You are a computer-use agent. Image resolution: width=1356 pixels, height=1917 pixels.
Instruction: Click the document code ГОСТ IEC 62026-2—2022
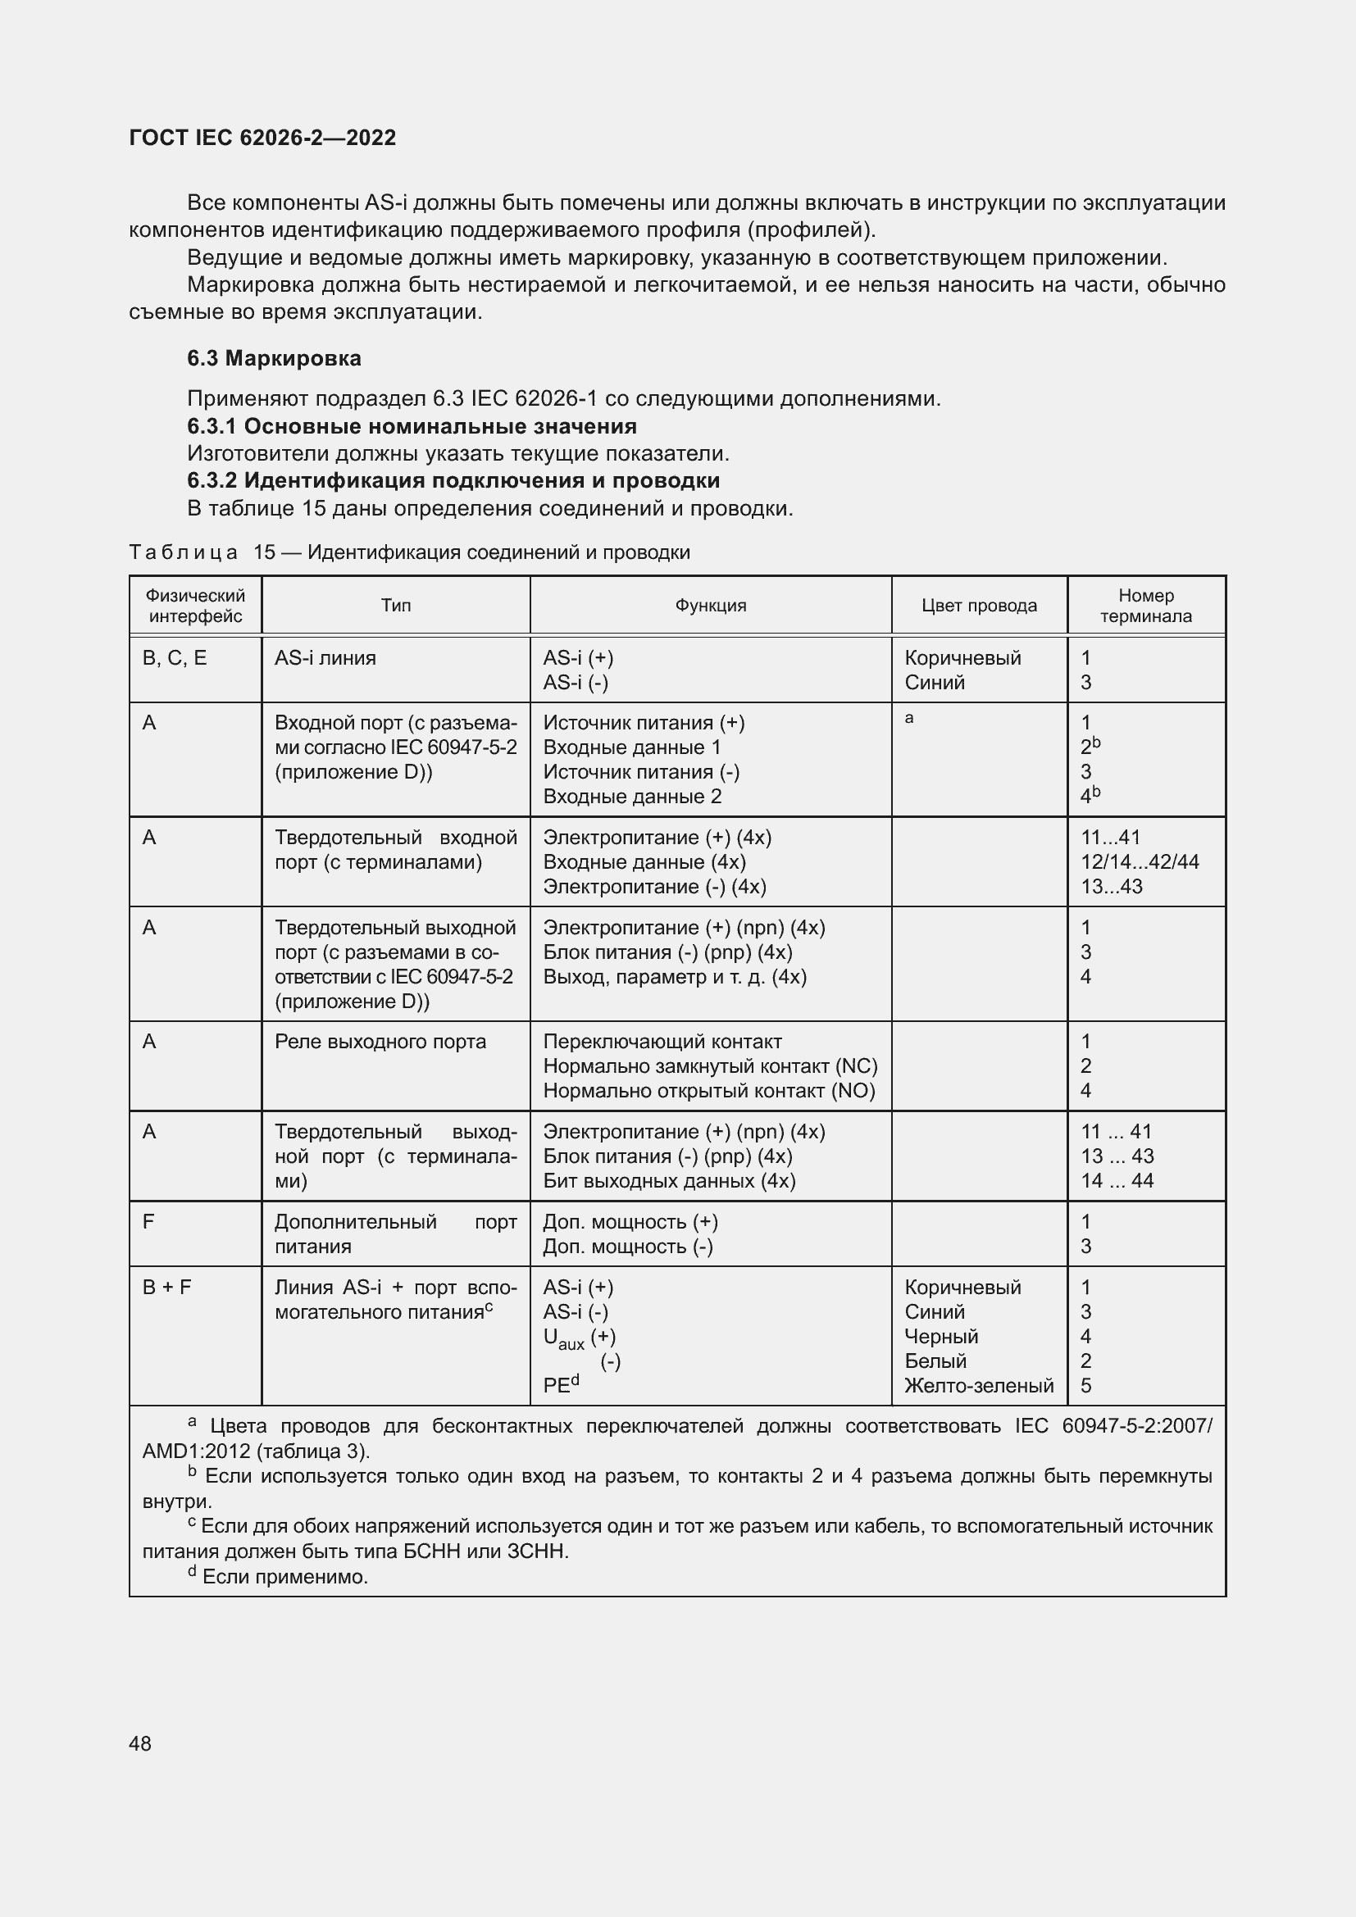[x=262, y=138]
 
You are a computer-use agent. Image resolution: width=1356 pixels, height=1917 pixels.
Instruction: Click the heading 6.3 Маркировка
[x=274, y=358]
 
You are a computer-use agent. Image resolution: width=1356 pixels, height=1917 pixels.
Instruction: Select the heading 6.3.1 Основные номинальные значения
[x=412, y=426]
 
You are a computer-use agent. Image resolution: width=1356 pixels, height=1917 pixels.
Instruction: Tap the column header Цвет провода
[x=979, y=606]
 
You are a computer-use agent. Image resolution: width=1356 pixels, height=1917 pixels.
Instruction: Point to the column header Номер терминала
[x=1145, y=606]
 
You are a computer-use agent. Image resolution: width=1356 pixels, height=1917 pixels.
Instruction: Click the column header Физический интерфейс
[x=195, y=606]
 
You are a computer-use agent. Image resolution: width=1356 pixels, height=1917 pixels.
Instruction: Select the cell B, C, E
[x=175, y=658]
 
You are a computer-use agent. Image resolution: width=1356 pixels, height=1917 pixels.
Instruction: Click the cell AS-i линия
[x=325, y=658]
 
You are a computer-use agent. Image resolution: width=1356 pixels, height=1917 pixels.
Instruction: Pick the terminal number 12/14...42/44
[x=1139, y=861]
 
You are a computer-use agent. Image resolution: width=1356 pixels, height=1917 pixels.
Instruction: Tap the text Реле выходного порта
[x=380, y=1041]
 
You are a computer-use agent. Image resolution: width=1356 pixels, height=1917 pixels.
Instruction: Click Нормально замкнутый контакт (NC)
[x=710, y=1066]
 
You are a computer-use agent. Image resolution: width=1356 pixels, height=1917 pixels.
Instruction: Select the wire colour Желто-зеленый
[x=979, y=1386]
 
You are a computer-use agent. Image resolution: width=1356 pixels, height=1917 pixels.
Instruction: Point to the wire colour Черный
[x=941, y=1337]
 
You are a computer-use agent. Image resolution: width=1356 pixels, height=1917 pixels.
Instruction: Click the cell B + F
[x=166, y=1288]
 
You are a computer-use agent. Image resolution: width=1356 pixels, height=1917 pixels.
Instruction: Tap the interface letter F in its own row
[x=148, y=1222]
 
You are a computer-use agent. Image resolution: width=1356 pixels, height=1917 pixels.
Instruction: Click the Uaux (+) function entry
[x=579, y=1338]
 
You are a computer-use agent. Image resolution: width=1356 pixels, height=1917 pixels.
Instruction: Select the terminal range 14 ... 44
[x=1117, y=1180]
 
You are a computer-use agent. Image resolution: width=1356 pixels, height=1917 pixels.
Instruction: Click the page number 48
[x=140, y=1743]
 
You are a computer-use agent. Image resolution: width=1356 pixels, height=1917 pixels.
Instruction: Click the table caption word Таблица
[x=183, y=552]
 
